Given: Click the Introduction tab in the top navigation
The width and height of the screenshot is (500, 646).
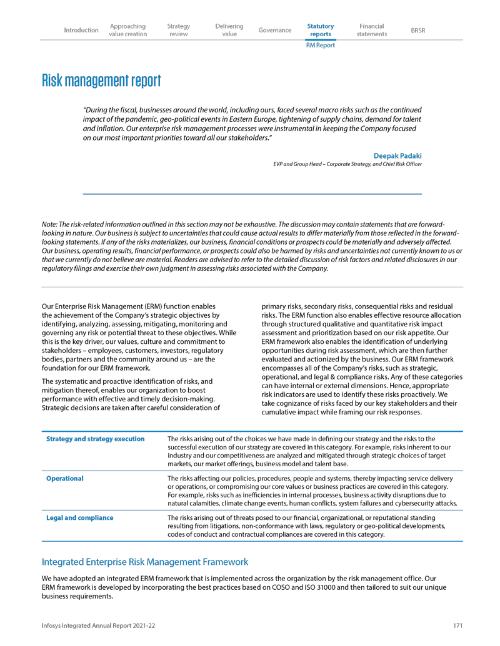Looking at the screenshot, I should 81,30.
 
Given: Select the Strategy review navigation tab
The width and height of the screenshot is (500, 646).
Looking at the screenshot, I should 179,30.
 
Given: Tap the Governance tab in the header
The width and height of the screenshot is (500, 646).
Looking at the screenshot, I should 274,30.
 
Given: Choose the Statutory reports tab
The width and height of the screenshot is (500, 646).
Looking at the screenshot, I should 321,30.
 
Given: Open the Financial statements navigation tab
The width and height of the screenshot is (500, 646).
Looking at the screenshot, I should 372,30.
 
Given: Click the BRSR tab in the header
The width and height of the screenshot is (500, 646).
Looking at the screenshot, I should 418,30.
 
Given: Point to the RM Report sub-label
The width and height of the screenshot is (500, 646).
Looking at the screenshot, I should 321,46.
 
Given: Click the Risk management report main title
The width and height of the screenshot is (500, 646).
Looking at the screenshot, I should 101,81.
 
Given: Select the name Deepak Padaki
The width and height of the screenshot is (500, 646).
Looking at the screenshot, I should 397,155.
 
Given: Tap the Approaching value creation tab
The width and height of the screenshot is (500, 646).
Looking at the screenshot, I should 127,30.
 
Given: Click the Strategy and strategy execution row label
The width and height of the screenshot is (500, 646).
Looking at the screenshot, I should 96,439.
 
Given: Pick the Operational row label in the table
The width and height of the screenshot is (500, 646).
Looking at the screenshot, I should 65,479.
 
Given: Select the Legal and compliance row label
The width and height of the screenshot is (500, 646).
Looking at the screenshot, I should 80,518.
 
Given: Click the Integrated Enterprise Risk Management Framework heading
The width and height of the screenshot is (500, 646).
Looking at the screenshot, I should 145,562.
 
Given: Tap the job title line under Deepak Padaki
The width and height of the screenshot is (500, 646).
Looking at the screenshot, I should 347,164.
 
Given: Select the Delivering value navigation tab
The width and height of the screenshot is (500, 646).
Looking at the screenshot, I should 229,30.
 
